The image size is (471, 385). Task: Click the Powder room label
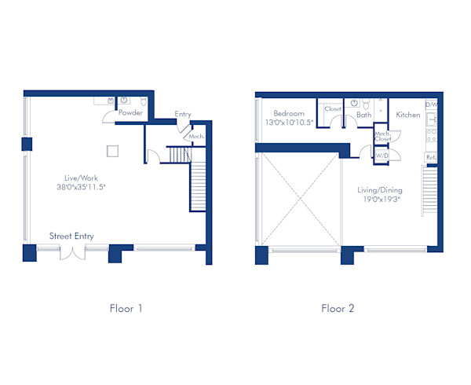coord(130,113)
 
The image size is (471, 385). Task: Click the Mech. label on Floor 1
coord(195,137)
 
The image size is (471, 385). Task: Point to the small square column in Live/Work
coord(113,151)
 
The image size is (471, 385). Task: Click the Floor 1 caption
coord(126,308)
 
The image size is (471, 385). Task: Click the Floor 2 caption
coord(338,308)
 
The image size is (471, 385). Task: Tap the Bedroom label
coord(283,115)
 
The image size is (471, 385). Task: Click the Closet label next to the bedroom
coord(333,110)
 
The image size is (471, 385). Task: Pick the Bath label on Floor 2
coord(363,115)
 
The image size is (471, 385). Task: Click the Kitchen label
coord(407,115)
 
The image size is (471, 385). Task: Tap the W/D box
coord(382,155)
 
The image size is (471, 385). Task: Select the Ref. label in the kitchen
coord(431,157)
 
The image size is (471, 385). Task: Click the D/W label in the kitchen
coord(431,104)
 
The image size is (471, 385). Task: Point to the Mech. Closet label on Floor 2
coord(382,137)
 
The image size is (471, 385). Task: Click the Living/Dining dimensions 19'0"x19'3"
coord(382,200)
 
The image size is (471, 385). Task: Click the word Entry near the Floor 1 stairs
coord(183,115)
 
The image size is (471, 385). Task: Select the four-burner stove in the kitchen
coord(431,137)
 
